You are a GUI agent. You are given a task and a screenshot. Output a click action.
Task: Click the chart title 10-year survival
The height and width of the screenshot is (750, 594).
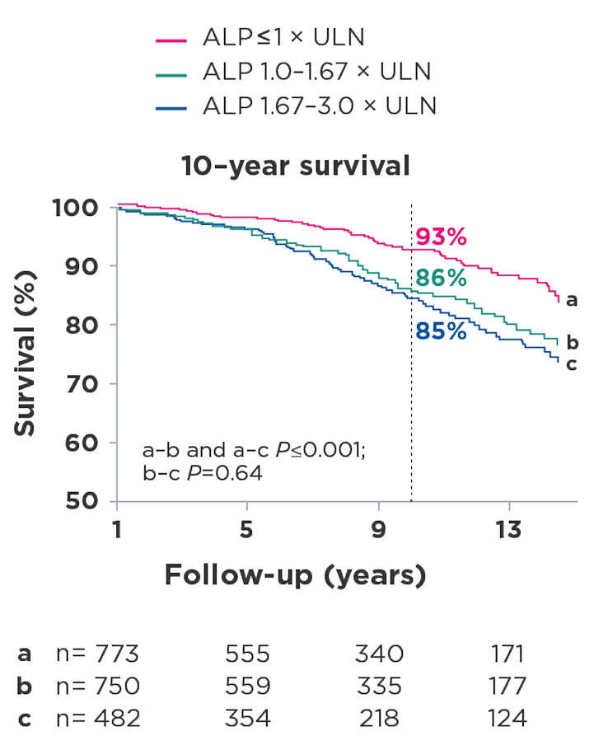point(296,166)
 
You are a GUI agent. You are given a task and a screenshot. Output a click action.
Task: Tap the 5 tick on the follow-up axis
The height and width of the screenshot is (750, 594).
point(246,530)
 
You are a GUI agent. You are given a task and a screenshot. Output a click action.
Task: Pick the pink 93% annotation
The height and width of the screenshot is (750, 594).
point(441,238)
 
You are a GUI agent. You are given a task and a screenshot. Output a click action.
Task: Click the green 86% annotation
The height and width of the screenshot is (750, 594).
point(441,278)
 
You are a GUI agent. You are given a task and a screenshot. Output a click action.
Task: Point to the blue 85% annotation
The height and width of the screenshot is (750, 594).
point(441,333)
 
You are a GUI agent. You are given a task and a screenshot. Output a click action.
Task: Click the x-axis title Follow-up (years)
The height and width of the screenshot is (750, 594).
point(296,574)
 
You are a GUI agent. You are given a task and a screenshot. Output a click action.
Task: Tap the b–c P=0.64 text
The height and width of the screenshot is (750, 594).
point(202,473)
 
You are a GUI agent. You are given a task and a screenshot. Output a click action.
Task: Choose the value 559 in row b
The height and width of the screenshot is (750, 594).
point(248,687)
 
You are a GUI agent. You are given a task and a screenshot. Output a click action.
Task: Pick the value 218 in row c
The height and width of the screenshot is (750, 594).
point(379,718)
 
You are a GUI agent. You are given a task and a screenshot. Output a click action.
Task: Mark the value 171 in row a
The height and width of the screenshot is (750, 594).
point(507,655)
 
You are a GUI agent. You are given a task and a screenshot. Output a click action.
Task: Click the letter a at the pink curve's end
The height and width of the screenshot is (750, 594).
point(572,300)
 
